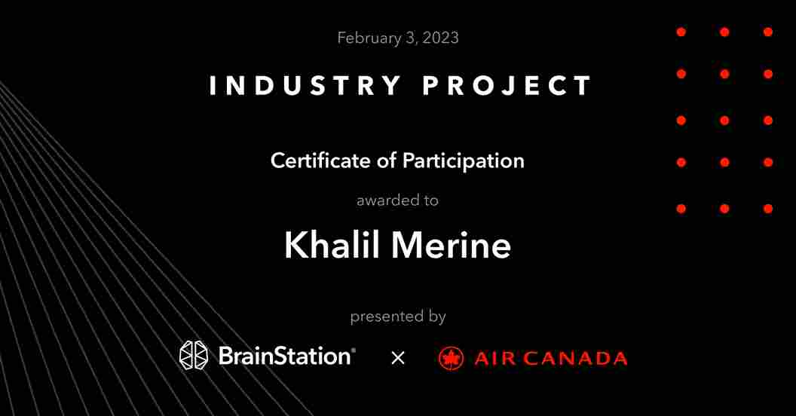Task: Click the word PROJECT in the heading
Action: click(x=507, y=85)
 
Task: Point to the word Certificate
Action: click(x=320, y=161)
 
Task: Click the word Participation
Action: click(x=463, y=161)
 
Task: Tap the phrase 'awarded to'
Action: click(x=397, y=200)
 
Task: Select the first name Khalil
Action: click(x=332, y=245)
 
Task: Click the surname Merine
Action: click(x=451, y=245)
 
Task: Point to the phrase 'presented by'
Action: click(x=398, y=317)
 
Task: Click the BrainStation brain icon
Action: click(x=194, y=355)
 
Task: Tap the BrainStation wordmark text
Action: click(x=284, y=356)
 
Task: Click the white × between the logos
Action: click(x=398, y=359)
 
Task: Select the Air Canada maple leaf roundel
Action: click(x=451, y=359)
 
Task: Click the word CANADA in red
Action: click(x=575, y=359)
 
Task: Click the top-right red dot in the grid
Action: click(x=767, y=32)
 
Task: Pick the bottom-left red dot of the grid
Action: click(x=681, y=209)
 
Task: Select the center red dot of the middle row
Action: click(x=724, y=121)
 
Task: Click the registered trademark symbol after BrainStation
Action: click(x=354, y=350)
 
